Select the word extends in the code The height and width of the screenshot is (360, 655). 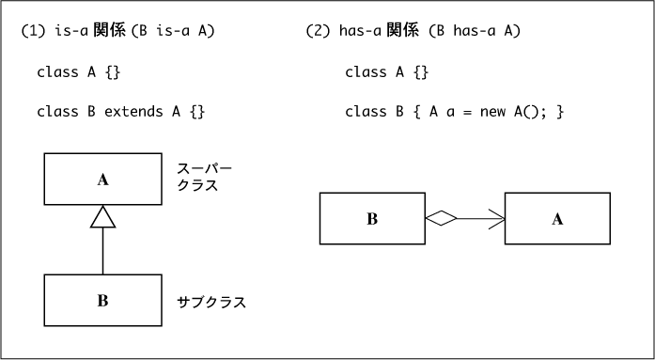click(133, 112)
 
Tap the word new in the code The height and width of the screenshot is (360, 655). click(492, 112)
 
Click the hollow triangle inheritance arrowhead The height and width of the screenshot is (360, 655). click(102, 217)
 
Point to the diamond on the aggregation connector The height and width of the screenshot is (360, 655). click(441, 218)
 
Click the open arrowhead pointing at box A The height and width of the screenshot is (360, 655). click(497, 218)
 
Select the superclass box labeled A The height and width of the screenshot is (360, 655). click(102, 180)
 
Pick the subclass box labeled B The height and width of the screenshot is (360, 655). click(102, 300)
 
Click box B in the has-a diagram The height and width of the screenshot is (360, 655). click(372, 218)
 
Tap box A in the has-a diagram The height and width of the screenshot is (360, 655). click(557, 218)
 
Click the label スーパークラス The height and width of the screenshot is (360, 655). click(204, 177)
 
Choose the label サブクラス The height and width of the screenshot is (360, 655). click(211, 302)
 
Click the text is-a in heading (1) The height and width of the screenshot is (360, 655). click(71, 31)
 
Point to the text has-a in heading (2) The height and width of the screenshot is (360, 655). click(361, 31)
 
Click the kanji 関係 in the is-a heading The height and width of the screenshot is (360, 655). click(109, 31)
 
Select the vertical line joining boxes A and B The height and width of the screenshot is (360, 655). click(102, 251)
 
